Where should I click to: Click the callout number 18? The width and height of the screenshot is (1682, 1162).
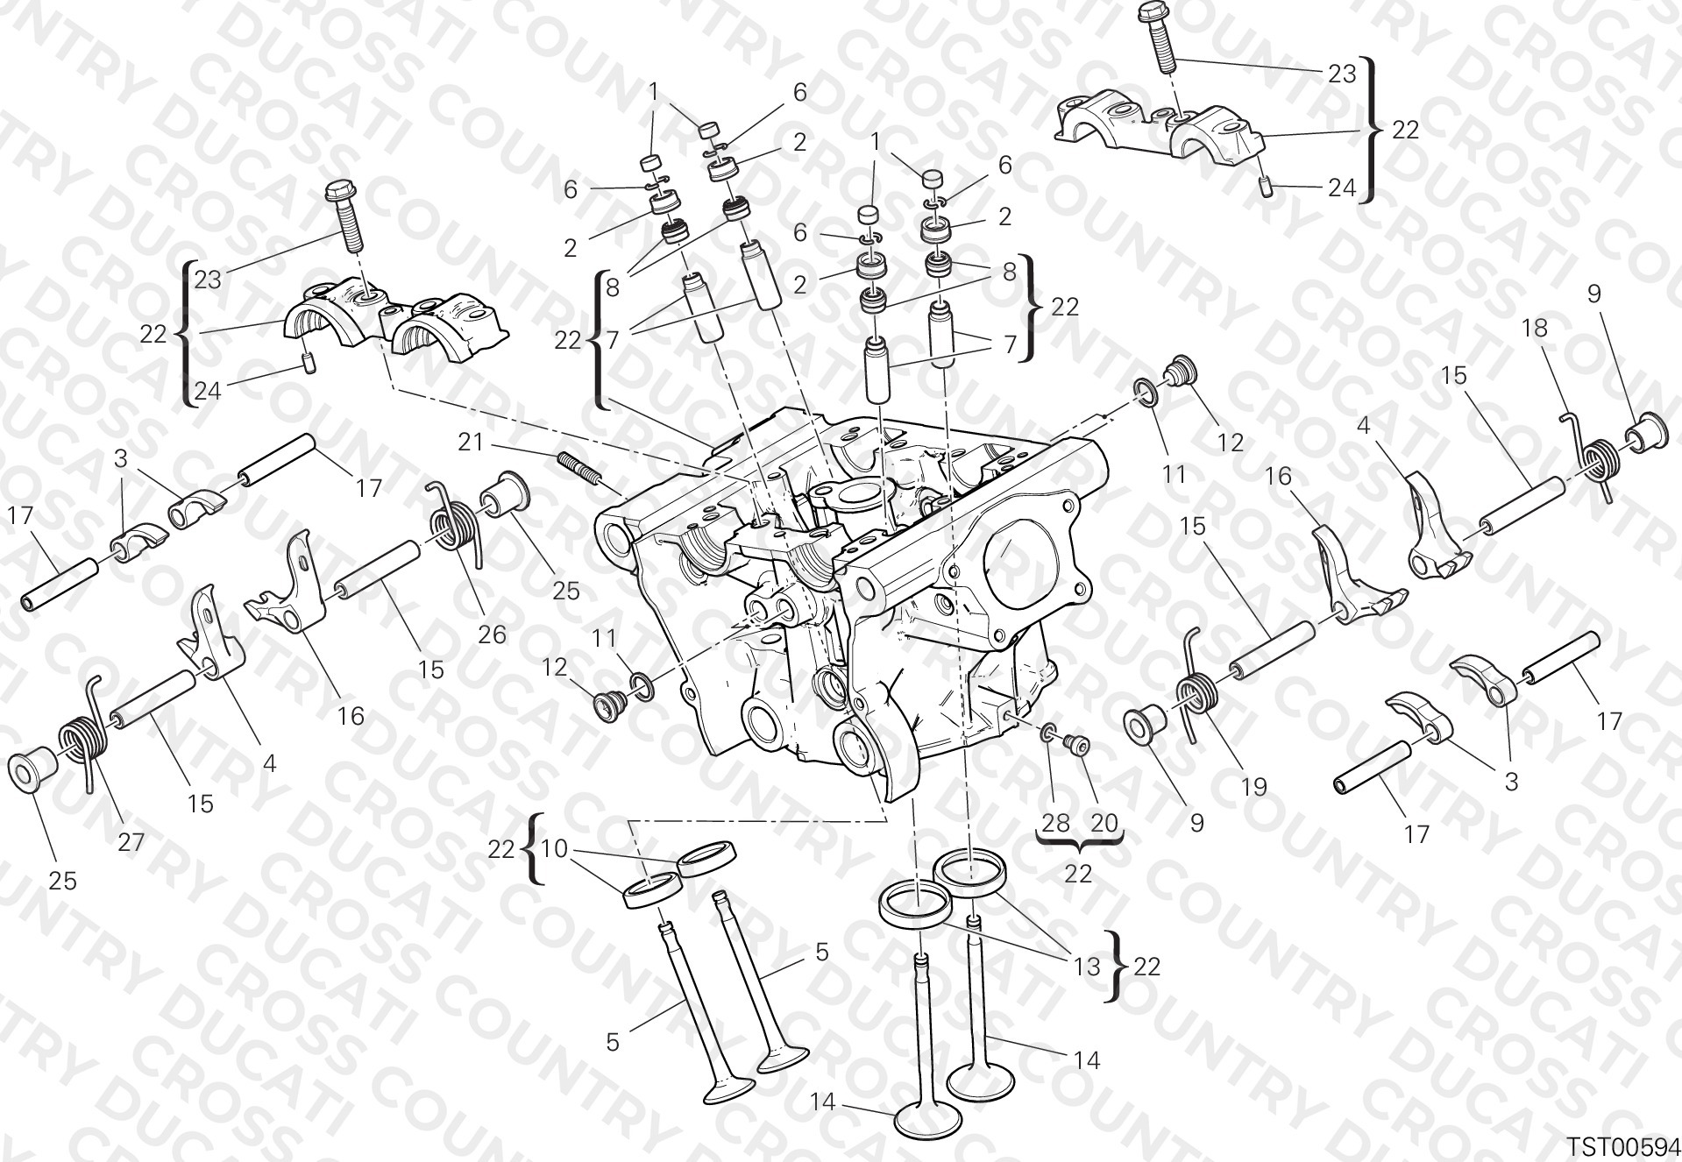(1534, 329)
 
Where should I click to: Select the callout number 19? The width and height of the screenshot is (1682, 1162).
(1254, 786)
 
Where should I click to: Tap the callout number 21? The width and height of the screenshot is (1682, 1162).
(471, 443)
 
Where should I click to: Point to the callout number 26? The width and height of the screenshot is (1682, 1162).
(493, 634)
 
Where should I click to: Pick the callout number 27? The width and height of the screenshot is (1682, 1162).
(131, 842)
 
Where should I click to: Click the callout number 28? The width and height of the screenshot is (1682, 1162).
(1056, 823)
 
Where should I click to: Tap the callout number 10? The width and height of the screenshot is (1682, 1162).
(555, 848)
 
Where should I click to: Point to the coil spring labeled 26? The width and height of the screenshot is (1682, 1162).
(456, 524)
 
